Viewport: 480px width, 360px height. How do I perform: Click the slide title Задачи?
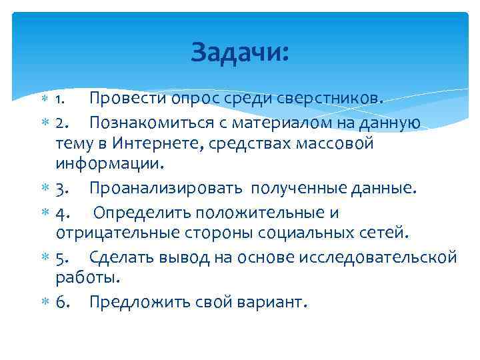coord(240,52)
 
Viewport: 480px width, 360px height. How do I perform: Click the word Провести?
coord(127,99)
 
